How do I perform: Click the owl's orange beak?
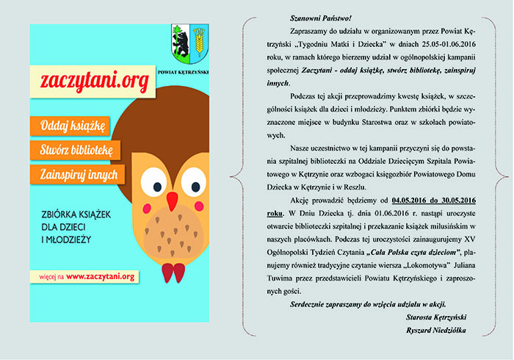pos(173,200)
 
